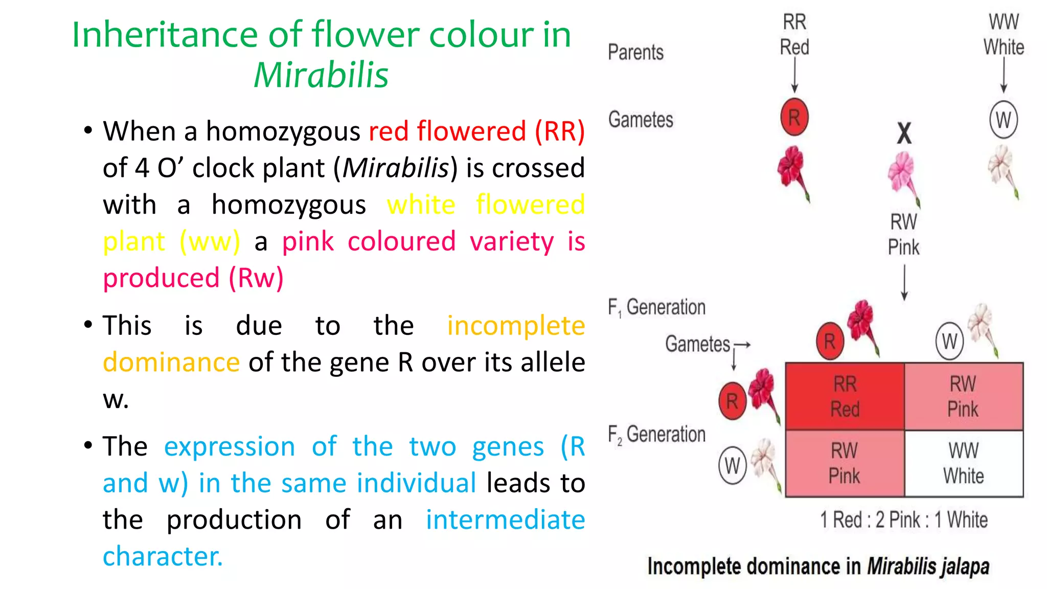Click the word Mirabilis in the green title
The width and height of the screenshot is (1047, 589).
(321, 75)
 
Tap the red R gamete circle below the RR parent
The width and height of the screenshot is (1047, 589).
(794, 118)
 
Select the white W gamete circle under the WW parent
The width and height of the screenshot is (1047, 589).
(1003, 120)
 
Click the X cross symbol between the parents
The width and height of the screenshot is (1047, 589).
(904, 133)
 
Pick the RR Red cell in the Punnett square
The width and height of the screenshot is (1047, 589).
(845, 396)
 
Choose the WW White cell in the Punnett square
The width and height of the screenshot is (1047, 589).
(964, 463)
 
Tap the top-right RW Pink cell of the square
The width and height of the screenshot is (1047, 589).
(964, 396)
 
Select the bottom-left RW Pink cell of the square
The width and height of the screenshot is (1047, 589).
(845, 463)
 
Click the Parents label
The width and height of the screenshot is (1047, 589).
(635, 52)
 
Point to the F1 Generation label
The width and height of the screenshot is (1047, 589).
(656, 307)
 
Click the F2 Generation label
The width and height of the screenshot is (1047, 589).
(656, 435)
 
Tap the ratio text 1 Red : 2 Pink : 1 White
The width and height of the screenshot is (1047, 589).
(903, 519)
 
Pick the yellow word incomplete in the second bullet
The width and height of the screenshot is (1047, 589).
(516, 326)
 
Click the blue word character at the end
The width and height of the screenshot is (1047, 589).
(163, 556)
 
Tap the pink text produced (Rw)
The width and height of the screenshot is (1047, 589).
(193, 278)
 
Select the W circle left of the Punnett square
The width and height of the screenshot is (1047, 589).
(732, 465)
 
